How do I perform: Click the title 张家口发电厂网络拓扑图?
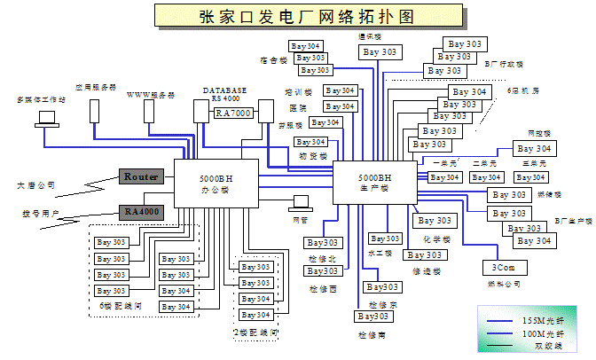pos(299,16)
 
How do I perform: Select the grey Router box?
pos(141,176)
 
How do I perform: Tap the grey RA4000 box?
pos(141,212)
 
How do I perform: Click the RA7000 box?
pos(233,113)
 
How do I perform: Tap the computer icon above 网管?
pos(301,202)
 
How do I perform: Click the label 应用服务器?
pos(96,87)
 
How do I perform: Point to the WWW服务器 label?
pos(151,94)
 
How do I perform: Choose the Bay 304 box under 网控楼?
pos(532,148)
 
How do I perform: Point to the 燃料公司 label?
pos(504,284)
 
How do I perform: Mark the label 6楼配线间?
pos(122,306)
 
